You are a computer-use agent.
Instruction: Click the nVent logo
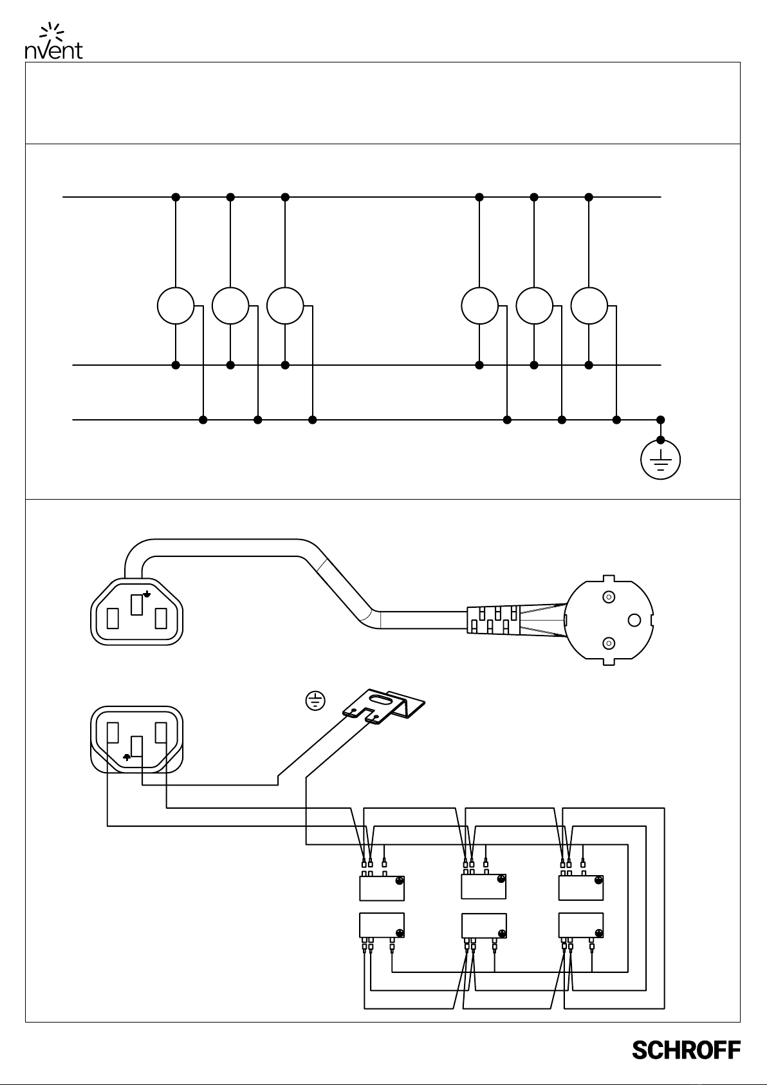[x=53, y=41]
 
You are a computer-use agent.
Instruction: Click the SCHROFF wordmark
[x=686, y=1050]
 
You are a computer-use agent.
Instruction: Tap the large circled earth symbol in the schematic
[x=661, y=460]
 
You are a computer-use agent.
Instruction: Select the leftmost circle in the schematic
[x=176, y=306]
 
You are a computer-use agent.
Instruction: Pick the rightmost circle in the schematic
[x=589, y=306]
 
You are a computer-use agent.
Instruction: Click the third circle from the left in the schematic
[x=285, y=306]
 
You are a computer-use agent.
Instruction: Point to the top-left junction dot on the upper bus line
[x=176, y=197]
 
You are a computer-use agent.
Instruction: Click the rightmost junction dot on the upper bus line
[x=589, y=197]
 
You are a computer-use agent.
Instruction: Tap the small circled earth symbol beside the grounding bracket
[x=315, y=701]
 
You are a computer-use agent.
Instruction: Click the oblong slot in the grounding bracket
[x=382, y=701]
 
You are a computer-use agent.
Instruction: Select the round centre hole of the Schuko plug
[x=634, y=620]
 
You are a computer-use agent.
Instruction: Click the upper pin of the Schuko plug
[x=609, y=597]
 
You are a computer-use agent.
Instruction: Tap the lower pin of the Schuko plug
[x=609, y=643]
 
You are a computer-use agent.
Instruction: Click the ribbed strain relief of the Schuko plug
[x=493, y=619]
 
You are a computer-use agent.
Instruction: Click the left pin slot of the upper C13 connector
[x=113, y=618]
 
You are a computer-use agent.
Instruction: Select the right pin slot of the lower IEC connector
[x=161, y=732]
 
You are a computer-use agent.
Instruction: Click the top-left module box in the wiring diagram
[x=382, y=888]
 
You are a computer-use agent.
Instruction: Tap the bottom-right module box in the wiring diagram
[x=580, y=925]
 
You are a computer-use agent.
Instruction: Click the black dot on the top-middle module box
[x=501, y=880]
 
